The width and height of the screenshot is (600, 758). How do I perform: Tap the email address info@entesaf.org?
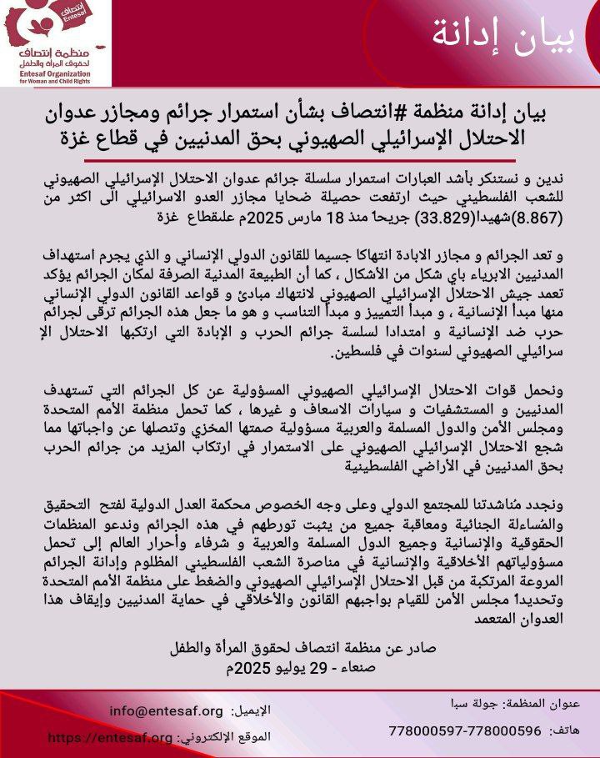point(167,711)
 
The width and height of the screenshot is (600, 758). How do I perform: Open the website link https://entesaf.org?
point(111,737)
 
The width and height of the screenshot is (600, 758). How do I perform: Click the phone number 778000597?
point(427,730)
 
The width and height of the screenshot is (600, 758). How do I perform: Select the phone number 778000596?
point(503,730)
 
